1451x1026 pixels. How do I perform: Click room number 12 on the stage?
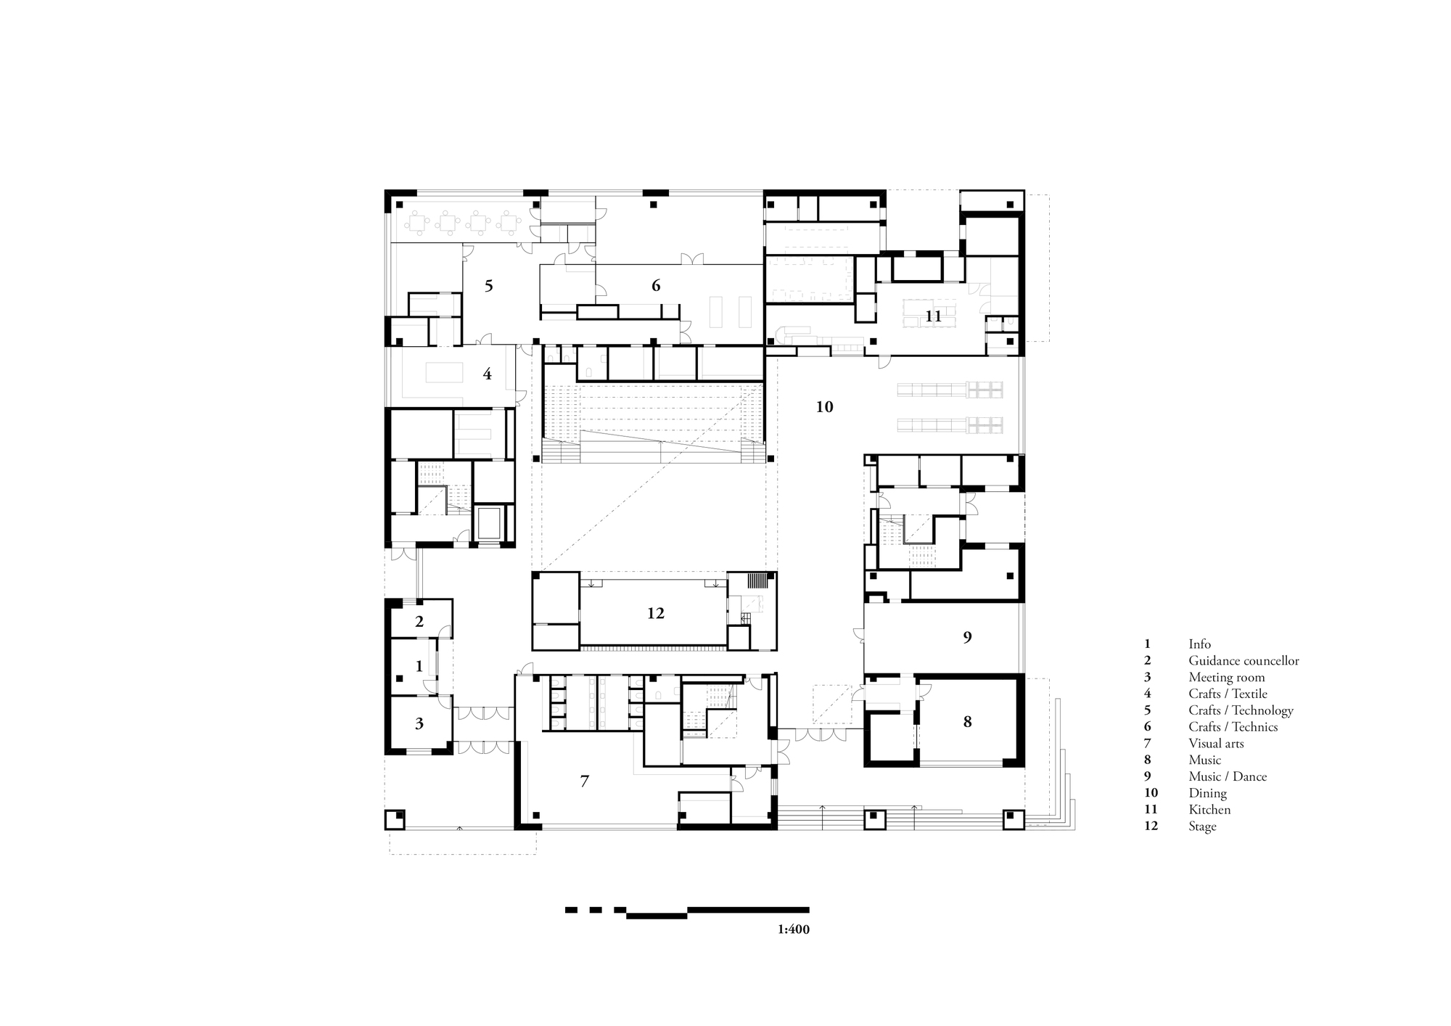[655, 614]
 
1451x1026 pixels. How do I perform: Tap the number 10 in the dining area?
[824, 407]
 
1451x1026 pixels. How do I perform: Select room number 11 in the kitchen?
[933, 316]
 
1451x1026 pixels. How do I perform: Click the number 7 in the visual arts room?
[585, 781]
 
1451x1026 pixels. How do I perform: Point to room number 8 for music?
[967, 722]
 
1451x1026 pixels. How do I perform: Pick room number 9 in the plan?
[967, 638]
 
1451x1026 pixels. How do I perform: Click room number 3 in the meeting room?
[419, 723]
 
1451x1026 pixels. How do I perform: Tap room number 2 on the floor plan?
[419, 622]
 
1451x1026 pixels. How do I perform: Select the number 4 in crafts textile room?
[487, 374]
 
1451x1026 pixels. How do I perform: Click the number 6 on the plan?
[656, 286]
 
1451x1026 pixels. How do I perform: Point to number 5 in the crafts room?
[488, 286]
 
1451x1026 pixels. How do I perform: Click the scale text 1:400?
[793, 929]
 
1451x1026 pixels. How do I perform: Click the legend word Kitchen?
[1209, 810]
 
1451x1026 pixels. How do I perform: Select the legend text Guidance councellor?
[1244, 661]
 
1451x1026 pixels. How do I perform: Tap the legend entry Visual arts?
[1216, 744]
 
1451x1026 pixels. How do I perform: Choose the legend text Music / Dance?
[1228, 776]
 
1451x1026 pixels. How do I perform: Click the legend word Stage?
[1202, 826]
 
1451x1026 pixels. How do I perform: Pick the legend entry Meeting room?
[1226, 678]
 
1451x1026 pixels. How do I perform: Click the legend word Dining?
[1207, 793]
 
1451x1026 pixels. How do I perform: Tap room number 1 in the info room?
[419, 666]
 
